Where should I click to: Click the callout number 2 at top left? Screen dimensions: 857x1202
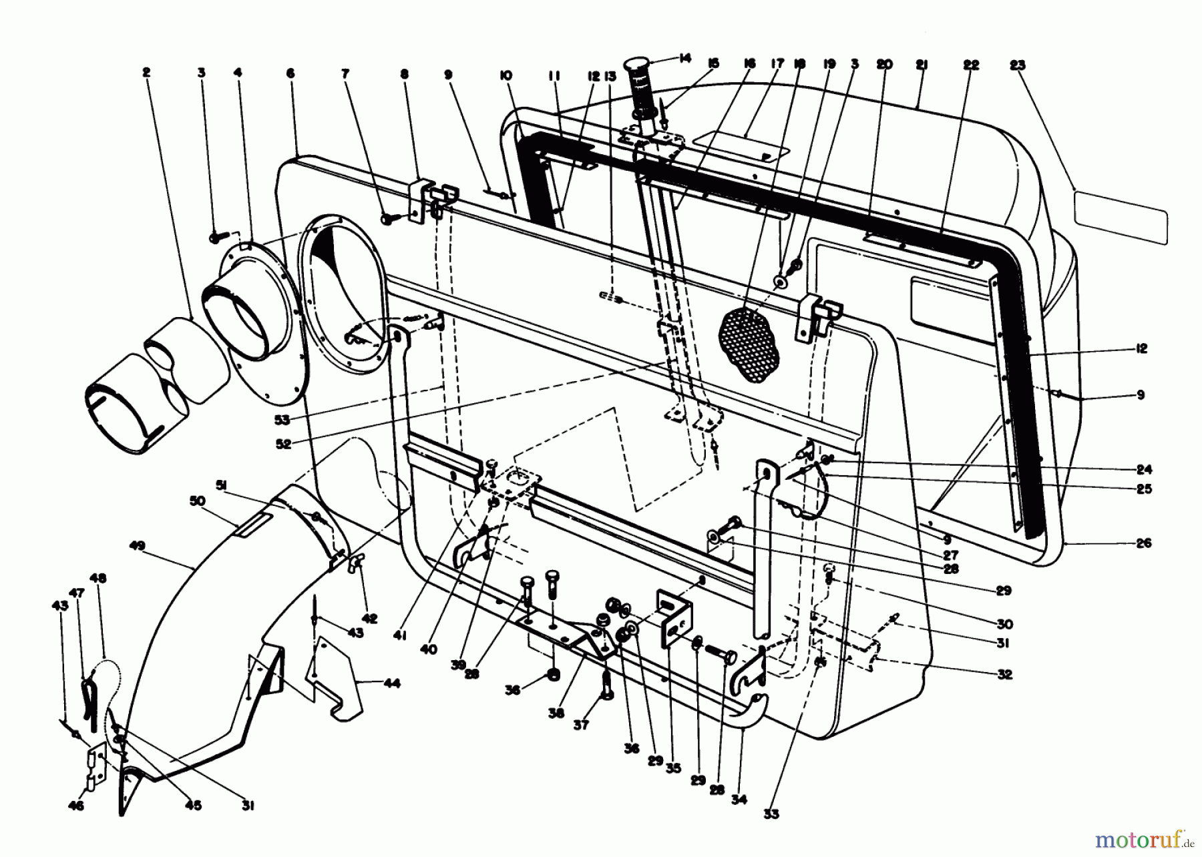[146, 71]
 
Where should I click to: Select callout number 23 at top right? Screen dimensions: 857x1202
[1017, 65]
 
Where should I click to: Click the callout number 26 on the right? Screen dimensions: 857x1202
[1143, 543]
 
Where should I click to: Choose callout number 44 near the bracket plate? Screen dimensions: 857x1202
[393, 683]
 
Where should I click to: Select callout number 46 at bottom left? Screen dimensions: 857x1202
[76, 806]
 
